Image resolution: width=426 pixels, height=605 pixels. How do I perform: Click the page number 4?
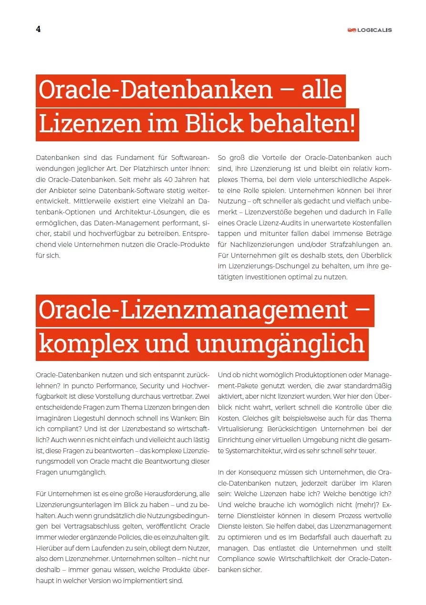click(38, 29)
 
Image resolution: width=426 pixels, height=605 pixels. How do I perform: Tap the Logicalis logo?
click(369, 30)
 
